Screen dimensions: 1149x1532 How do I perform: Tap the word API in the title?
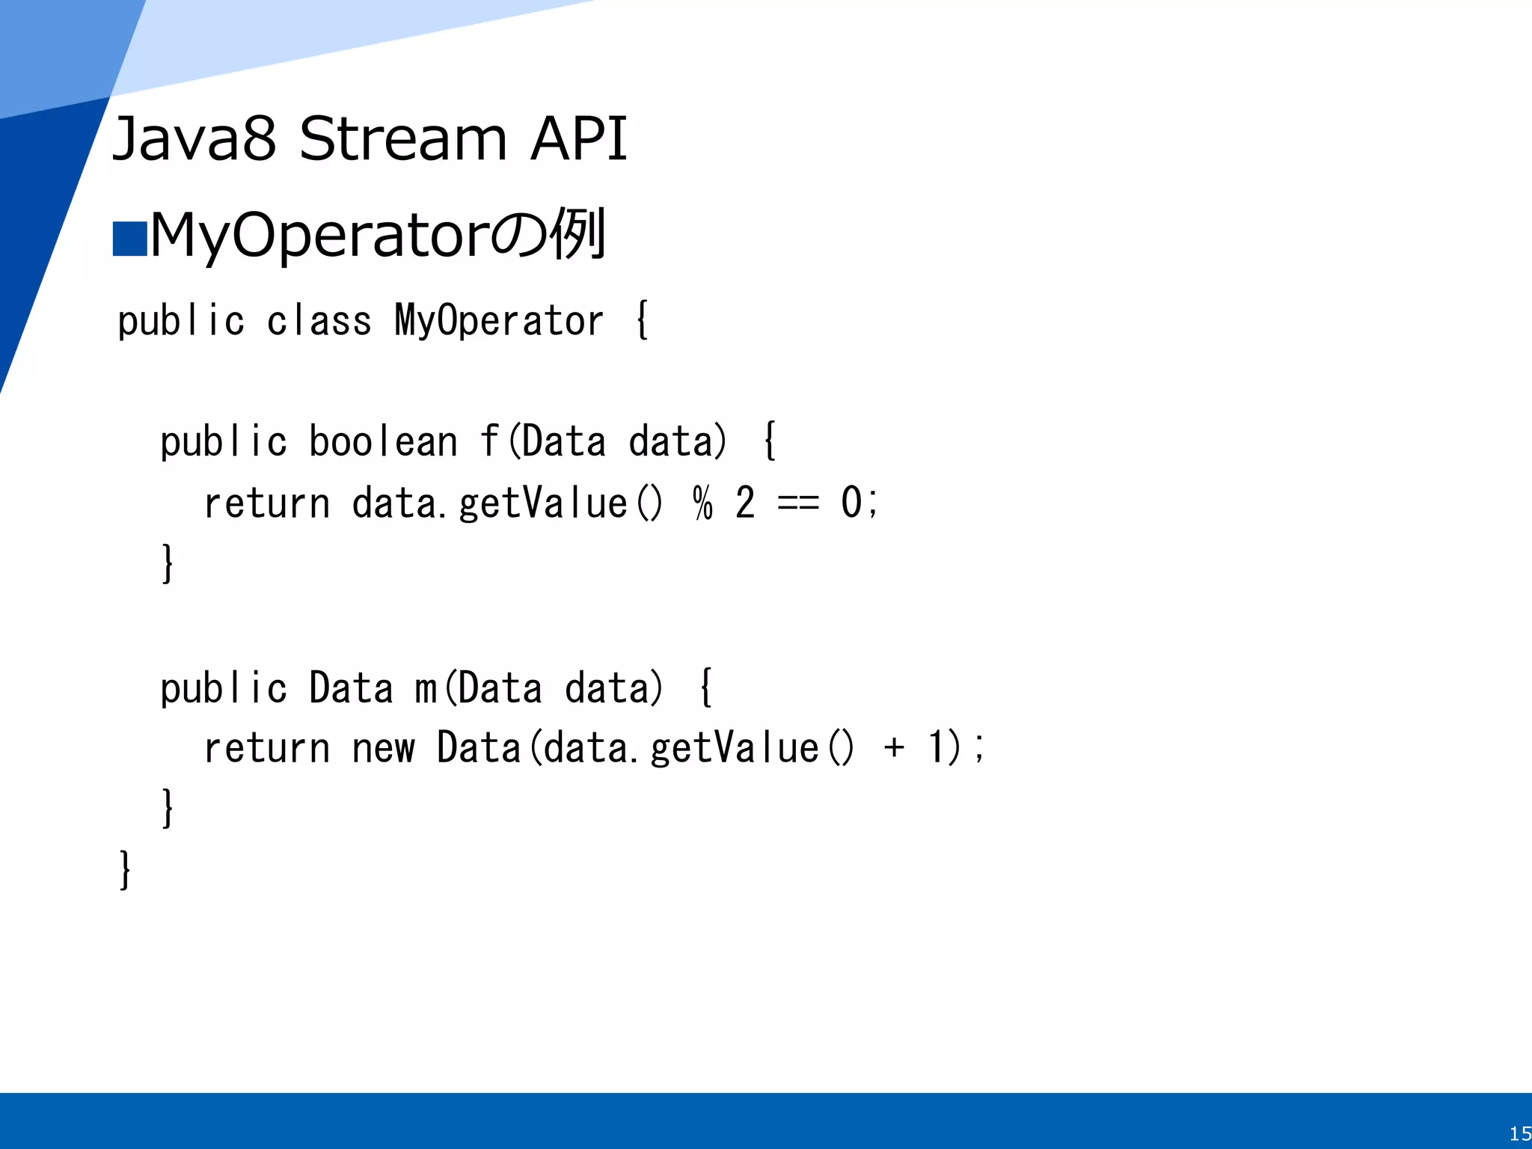pos(577,139)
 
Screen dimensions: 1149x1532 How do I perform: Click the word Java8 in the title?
pos(194,139)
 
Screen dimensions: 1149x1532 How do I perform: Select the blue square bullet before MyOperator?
pos(129,239)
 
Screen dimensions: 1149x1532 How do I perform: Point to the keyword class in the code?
pos(319,322)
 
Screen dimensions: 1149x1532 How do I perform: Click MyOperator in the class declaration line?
pos(498,322)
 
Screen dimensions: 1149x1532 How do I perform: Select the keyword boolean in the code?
pos(382,441)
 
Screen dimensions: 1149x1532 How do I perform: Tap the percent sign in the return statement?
pos(702,503)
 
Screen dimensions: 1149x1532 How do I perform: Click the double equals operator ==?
pos(798,503)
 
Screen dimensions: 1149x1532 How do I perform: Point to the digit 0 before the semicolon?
pos(851,503)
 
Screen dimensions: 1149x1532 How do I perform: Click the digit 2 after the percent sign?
pos(745,503)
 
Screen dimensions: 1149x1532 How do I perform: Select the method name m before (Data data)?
pos(426,688)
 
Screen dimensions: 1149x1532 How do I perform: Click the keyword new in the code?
pos(382,748)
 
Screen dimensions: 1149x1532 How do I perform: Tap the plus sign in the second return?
pos(894,748)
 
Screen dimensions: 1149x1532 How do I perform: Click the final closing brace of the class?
pos(125,869)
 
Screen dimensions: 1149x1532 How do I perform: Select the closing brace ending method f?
pos(168,563)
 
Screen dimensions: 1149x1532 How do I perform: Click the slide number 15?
pos(1519,1133)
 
